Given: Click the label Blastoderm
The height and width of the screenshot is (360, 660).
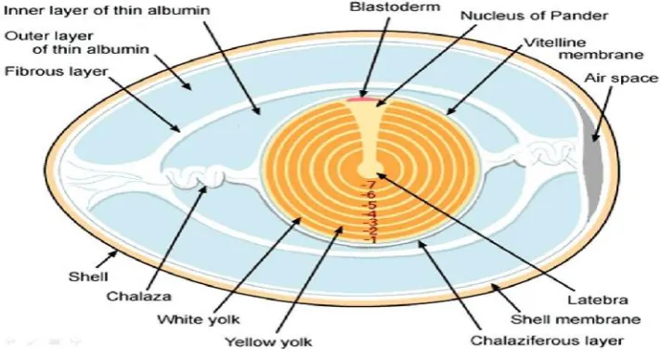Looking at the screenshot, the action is coord(395,7).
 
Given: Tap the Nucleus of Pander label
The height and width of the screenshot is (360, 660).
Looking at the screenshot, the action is coord(534,16).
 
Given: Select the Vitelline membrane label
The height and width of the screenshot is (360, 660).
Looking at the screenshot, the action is coord(583,48).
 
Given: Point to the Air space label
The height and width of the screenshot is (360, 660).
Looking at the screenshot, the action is coord(621,78).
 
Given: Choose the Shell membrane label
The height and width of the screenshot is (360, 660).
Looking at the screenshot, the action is coord(576,319).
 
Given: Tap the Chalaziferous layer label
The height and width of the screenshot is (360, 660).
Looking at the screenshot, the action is coord(547,341).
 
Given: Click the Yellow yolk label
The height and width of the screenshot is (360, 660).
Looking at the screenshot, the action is coord(268,342).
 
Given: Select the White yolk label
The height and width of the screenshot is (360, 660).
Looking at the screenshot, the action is coord(199,319).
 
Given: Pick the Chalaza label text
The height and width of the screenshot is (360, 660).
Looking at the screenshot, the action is coord(139,296).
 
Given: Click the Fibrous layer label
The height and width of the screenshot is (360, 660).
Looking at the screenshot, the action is coord(57,72).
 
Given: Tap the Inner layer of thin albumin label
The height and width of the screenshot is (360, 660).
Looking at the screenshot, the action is coord(107,10).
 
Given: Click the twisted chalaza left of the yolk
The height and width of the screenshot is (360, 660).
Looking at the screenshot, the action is coord(196,175).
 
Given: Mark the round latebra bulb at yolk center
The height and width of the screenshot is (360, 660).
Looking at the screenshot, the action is coord(370,168).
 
